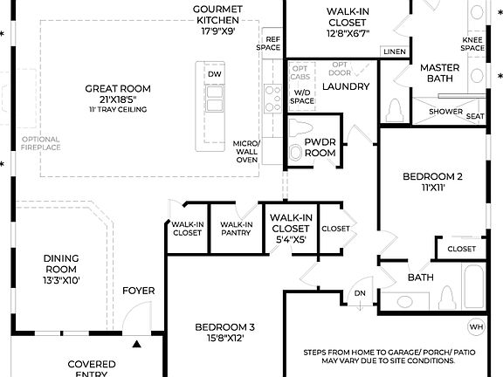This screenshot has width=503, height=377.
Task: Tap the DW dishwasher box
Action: tap(214, 75)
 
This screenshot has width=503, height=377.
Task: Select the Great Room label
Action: tap(117, 93)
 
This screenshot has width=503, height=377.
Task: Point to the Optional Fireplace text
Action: tap(41, 143)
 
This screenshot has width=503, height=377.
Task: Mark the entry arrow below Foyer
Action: tap(137, 345)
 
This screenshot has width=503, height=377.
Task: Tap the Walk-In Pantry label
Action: tap(236, 229)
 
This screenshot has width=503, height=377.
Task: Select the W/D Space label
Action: tap(302, 97)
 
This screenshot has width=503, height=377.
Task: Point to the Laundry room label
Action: tap(346, 86)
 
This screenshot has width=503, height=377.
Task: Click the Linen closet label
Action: tap(395, 52)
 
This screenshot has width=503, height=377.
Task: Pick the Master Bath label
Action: tap(439, 73)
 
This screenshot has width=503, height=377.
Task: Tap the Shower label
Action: tap(445, 112)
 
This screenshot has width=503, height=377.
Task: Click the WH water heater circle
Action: tap(476, 327)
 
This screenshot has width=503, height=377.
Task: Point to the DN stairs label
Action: tap(359, 293)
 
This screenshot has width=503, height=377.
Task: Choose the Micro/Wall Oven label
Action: tap(246, 152)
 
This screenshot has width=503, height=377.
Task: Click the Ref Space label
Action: tap(272, 44)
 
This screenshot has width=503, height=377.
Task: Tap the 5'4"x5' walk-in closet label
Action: tap(292, 227)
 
